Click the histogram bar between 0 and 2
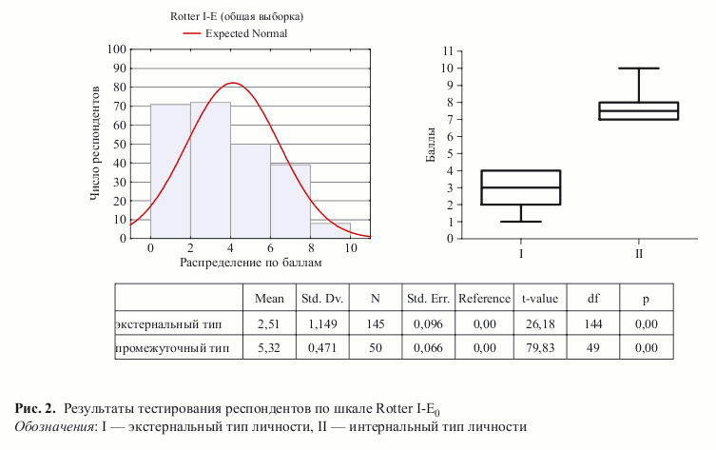(170, 171)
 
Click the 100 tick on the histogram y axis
(117, 49)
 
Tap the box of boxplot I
(521, 187)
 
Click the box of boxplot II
(638, 110)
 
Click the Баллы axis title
(430, 144)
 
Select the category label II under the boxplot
(638, 255)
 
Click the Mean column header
(270, 299)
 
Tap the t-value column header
(539, 299)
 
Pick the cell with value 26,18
(539, 323)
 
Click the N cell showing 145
(375, 323)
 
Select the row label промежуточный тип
(172, 348)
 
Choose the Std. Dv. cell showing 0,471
(322, 348)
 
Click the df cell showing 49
(593, 348)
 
